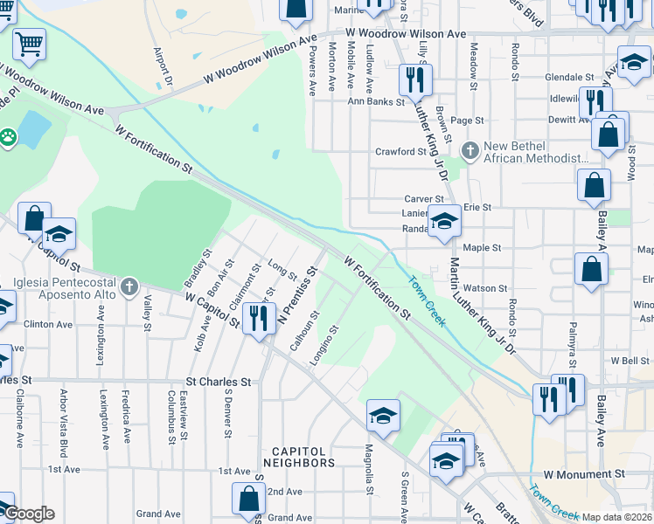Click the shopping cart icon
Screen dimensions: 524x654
tap(29, 44)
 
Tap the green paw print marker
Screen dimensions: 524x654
tap(8, 137)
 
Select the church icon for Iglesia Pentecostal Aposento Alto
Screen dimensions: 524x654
tap(129, 286)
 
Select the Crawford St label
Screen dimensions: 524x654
tap(400, 152)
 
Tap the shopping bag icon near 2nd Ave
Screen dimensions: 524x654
tap(248, 499)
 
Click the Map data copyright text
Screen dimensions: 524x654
tap(617, 517)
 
